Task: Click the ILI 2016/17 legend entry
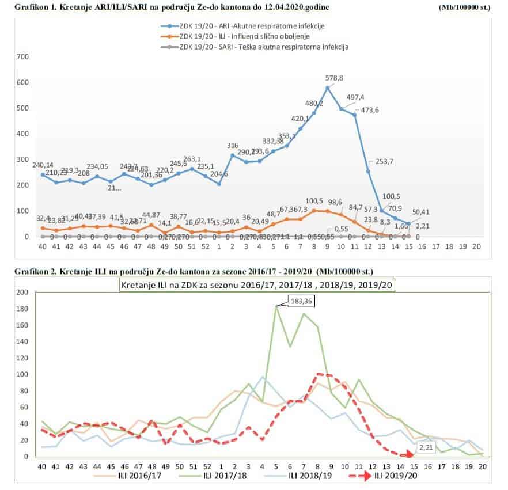[x=133, y=476]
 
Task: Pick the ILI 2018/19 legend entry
[x=308, y=476]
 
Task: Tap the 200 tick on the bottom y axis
[x=22, y=293]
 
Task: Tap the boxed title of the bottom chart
[x=257, y=284]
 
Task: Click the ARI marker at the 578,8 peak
[x=328, y=88]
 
